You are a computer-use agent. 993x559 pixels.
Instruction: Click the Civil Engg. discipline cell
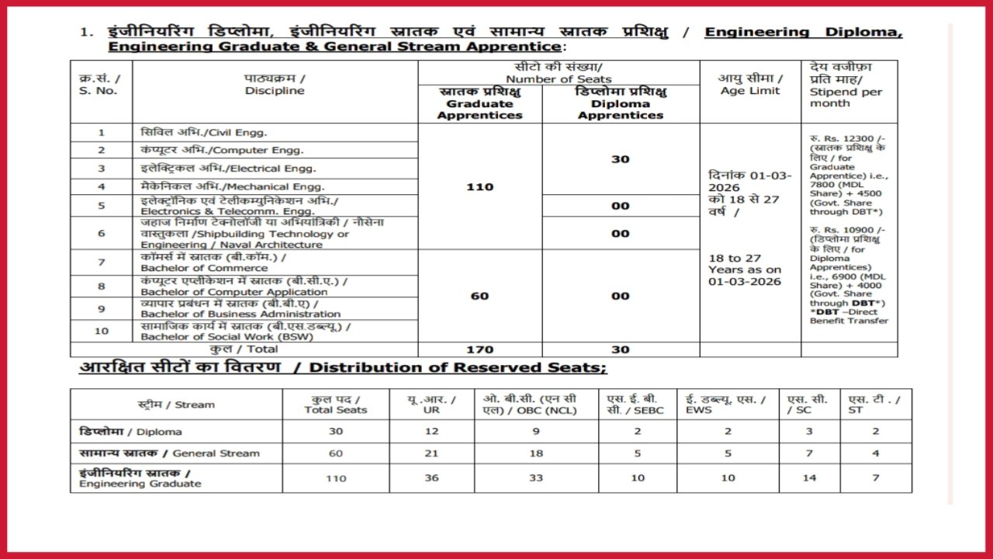tap(204, 133)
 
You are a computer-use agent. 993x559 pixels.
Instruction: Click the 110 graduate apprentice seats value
tap(480, 187)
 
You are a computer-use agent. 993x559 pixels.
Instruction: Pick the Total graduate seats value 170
tap(480, 349)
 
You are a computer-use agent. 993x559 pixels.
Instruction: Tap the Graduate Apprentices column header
tap(479, 103)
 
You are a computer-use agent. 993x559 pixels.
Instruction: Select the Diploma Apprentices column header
tap(621, 103)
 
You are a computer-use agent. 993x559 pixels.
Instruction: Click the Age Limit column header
tap(749, 85)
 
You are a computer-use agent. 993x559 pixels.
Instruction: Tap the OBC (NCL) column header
tap(535, 404)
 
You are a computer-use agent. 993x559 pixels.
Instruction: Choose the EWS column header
tap(726, 404)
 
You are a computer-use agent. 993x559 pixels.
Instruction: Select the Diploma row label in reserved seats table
tap(130, 431)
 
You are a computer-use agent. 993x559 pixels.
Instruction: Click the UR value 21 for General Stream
tap(431, 453)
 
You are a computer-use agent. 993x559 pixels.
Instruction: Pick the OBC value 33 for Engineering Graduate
tap(536, 477)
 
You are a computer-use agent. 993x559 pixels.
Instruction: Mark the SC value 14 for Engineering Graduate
tap(809, 477)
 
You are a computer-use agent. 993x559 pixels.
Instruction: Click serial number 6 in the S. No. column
tap(101, 233)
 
